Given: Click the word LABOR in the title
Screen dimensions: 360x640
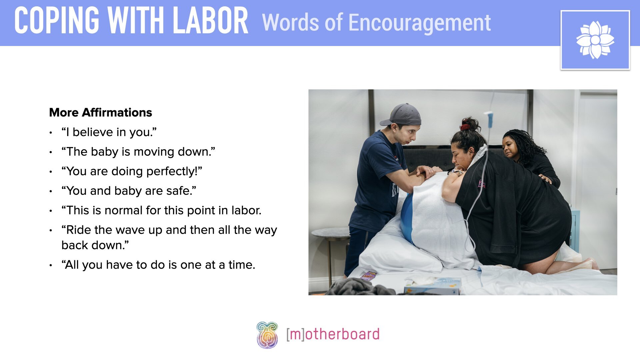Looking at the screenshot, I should pos(211,21).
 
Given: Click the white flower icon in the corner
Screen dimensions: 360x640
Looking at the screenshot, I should pos(595,40).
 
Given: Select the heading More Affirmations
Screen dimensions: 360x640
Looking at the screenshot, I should pos(100,113).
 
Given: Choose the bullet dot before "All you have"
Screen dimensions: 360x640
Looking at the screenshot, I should pos(51,266).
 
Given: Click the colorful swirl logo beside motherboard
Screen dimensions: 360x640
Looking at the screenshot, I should pos(267,335).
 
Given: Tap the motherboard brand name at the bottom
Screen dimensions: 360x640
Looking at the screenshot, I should pos(333,334).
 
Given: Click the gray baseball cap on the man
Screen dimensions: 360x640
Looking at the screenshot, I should pos(403,114).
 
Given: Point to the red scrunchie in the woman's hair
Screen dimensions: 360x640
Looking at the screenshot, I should pos(464,127).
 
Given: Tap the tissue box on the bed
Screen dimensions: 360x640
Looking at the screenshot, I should pos(433,286).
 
